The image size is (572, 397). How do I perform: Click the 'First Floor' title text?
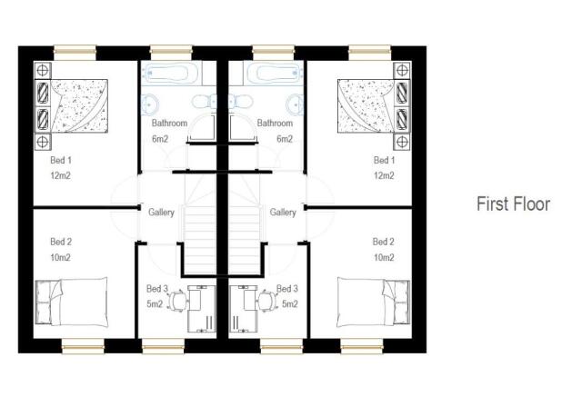pos(513,204)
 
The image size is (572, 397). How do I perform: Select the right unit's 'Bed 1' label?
pos(385,160)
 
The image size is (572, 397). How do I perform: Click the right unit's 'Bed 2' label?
pos(384,242)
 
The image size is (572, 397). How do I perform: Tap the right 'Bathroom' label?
pos(275,123)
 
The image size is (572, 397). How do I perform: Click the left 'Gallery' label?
pos(161,212)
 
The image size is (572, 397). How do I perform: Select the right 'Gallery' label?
pos(283,212)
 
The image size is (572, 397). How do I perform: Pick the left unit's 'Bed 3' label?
pos(156,289)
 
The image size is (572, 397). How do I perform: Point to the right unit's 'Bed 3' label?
pos(290,289)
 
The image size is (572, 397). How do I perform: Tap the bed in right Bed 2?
pos(375,300)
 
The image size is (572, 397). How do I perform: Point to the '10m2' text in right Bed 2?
pos(384,257)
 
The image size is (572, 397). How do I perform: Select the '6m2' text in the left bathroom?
pos(161,139)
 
